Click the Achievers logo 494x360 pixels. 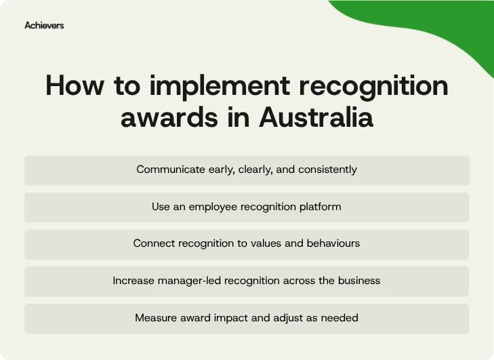click(x=44, y=25)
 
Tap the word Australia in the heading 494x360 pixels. click(x=316, y=117)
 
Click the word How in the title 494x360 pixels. click(x=70, y=86)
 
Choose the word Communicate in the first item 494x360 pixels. click(x=169, y=169)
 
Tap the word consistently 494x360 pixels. click(x=327, y=169)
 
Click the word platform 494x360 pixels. click(x=319, y=206)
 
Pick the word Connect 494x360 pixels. click(x=154, y=243)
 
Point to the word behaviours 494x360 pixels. click(x=332, y=243)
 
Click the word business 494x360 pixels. click(x=358, y=280)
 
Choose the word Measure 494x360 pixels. click(x=155, y=317)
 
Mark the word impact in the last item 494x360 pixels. click(x=230, y=317)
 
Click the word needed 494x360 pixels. click(x=340, y=317)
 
